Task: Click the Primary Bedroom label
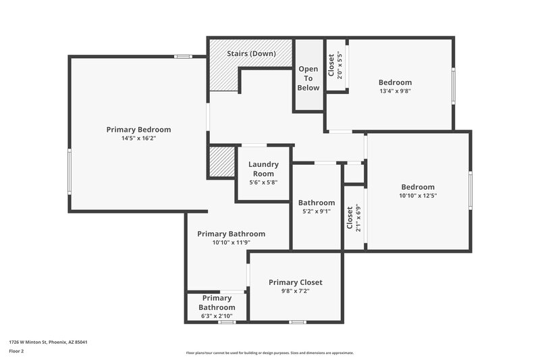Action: coord(138,130)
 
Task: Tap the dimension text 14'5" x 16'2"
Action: coord(138,138)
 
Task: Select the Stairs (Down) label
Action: coord(250,53)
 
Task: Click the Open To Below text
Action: coord(308,78)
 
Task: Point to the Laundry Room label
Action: coord(263,169)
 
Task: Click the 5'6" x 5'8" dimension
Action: coord(263,182)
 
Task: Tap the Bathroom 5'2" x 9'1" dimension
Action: coord(317,211)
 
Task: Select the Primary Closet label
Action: coord(295,282)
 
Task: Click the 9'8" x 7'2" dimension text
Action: coord(295,292)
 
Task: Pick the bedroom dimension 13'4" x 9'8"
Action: coord(395,91)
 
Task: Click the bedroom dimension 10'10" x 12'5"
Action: coord(418,196)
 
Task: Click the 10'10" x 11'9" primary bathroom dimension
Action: coord(231,242)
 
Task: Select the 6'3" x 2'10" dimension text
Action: coord(217,316)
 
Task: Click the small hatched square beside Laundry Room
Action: coord(221,162)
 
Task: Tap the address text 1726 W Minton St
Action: coord(48,342)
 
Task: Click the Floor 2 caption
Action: coord(16,351)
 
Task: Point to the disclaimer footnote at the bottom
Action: coord(269,353)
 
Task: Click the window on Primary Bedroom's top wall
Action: coord(183,57)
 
